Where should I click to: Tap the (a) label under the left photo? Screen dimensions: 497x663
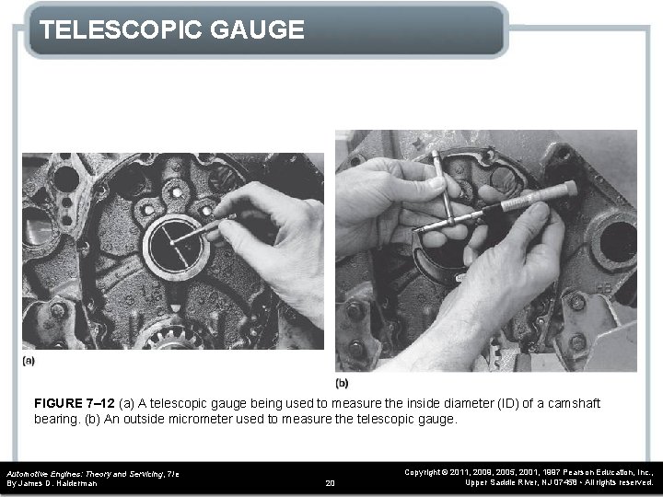tap(29, 362)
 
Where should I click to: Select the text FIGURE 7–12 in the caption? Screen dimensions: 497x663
tap(71, 404)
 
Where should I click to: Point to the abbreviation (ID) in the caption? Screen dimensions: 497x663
tap(500, 404)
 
